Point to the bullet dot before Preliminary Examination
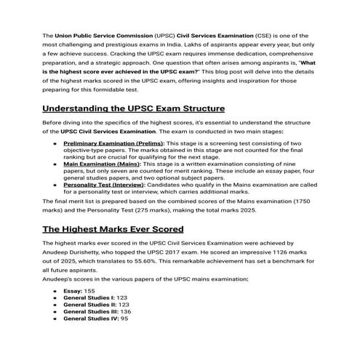[56, 145]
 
